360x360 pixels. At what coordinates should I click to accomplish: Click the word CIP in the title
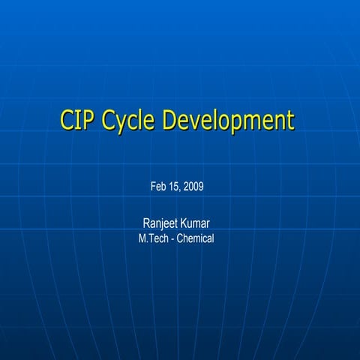78,121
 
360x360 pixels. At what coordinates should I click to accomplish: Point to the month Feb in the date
158,186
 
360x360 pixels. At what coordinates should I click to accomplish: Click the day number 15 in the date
175,186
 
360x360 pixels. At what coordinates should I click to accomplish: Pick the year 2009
193,186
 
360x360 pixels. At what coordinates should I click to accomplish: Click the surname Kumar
195,223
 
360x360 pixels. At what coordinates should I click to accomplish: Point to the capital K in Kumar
183,223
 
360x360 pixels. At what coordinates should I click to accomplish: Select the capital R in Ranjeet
146,223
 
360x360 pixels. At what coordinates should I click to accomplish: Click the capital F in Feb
153,186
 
